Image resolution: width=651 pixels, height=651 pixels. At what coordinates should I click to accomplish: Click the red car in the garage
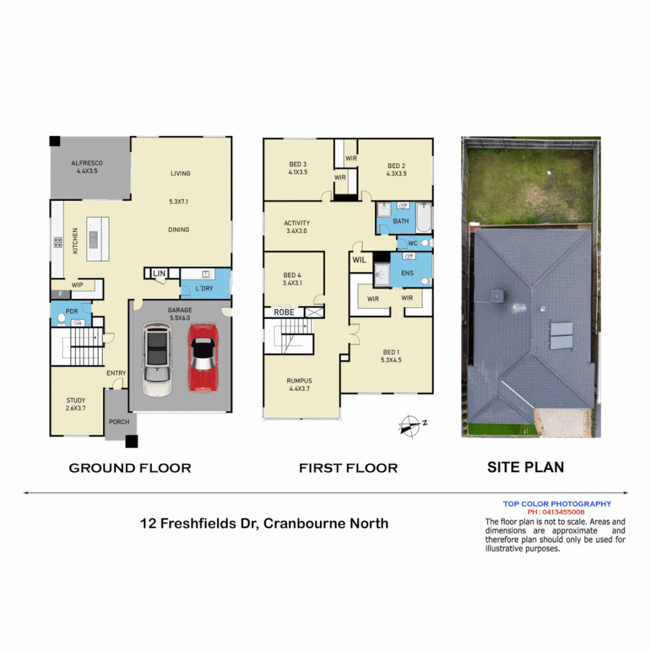tap(204, 357)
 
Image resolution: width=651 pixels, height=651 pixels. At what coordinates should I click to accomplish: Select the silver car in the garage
tap(157, 359)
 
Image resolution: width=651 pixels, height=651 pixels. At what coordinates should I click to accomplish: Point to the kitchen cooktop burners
tap(58, 242)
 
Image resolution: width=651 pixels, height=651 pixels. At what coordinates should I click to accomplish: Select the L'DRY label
tap(204, 289)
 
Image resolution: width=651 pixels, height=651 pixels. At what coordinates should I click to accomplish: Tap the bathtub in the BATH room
tap(424, 218)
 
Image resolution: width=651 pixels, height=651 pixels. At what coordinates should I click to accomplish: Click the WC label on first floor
tap(413, 244)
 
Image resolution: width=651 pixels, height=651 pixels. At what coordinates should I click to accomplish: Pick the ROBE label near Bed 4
tap(284, 312)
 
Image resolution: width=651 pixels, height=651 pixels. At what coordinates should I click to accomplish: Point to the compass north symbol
tap(410, 424)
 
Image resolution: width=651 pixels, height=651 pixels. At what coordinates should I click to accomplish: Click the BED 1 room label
tap(391, 352)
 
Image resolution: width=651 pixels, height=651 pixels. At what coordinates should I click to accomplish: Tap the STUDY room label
tap(76, 400)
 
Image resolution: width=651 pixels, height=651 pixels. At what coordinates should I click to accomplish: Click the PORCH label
tap(119, 421)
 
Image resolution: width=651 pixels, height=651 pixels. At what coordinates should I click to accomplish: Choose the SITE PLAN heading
tap(525, 467)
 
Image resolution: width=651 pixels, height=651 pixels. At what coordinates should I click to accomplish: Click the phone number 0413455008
tap(556, 512)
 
